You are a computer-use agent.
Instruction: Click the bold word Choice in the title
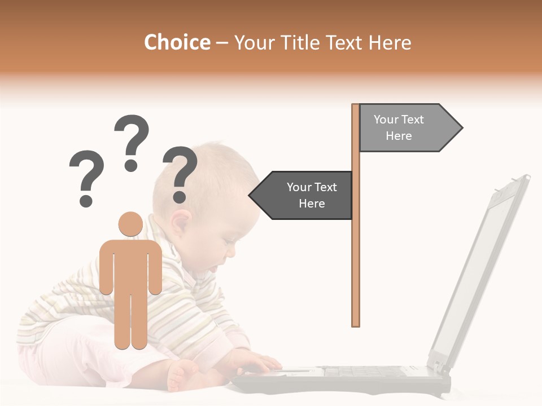(x=177, y=42)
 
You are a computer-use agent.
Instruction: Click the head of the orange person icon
(x=130, y=224)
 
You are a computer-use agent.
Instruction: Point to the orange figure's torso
(x=130, y=265)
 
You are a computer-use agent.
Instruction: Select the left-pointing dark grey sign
(x=305, y=195)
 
